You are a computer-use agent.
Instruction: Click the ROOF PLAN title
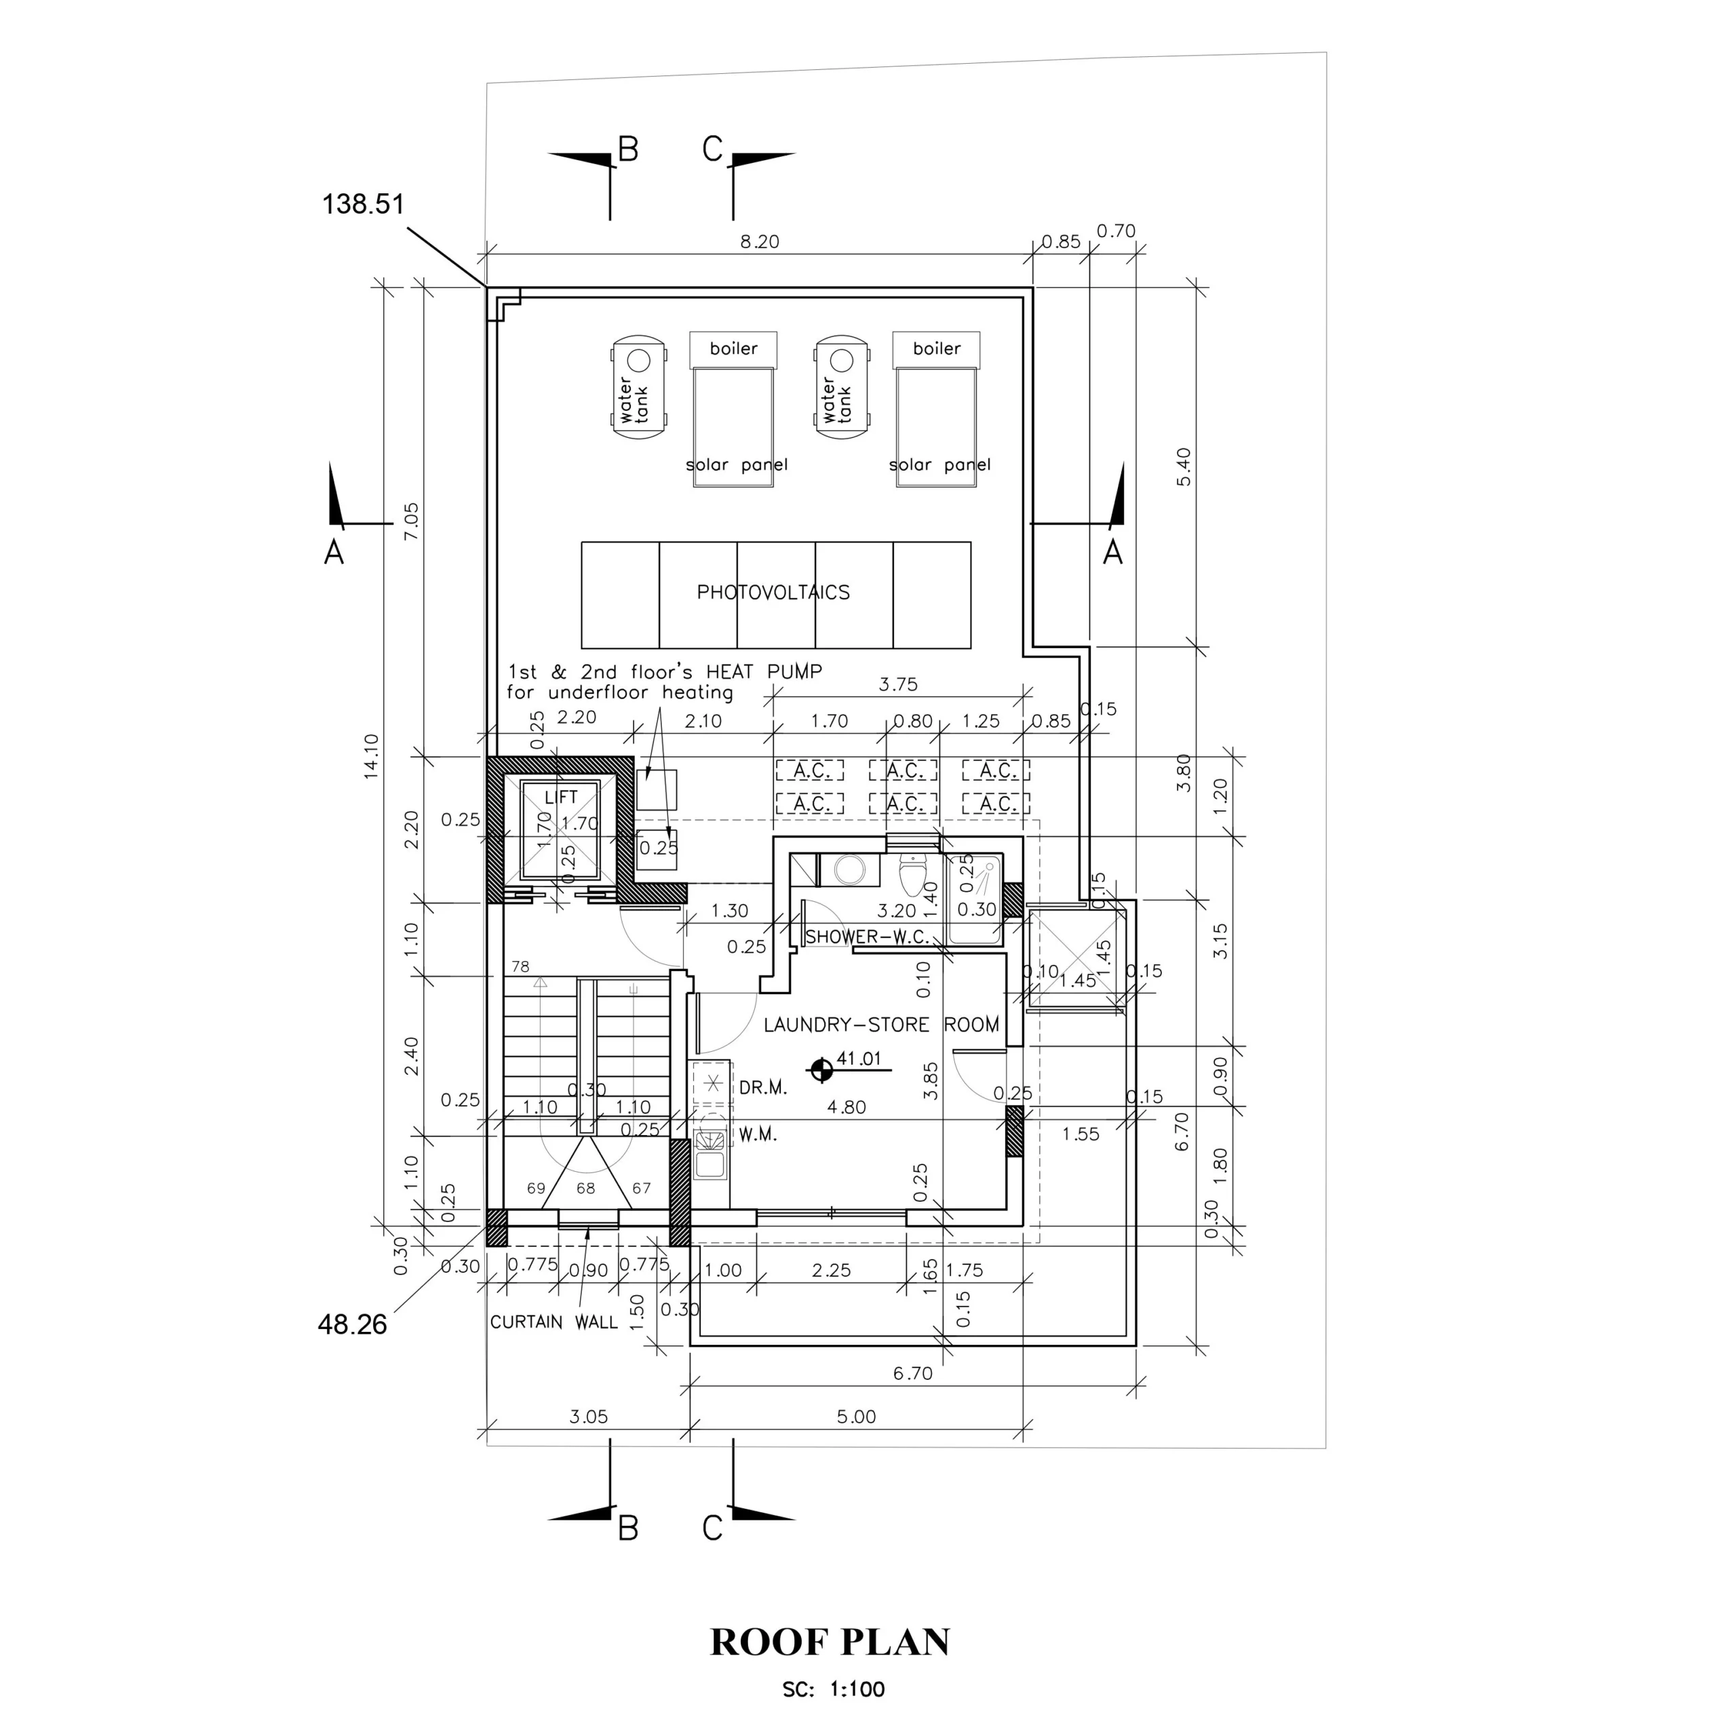830,1642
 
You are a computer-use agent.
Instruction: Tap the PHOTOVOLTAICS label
773,592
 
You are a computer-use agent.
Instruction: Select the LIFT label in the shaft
561,797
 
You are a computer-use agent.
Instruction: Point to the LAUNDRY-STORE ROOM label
880,1025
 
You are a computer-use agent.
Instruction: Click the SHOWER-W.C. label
867,936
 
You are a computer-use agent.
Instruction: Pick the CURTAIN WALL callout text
553,1322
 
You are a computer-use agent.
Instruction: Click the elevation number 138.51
363,204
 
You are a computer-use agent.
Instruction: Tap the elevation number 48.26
352,1324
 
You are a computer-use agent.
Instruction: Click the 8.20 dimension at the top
759,241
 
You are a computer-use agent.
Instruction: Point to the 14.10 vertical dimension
371,755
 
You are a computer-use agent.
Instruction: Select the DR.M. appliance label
763,1088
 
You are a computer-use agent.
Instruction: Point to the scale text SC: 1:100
833,1689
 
